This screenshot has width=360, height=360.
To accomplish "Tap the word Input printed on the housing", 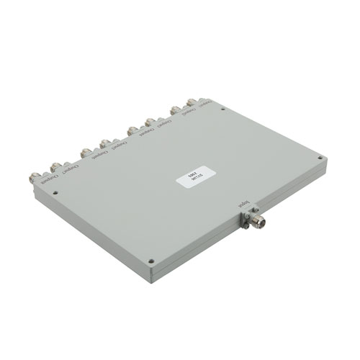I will tap(246, 207).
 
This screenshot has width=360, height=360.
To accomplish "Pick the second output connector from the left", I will tap(55, 166).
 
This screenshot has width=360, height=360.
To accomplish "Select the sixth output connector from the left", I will tap(150, 120).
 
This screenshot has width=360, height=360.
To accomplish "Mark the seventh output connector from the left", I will tap(175, 108).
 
